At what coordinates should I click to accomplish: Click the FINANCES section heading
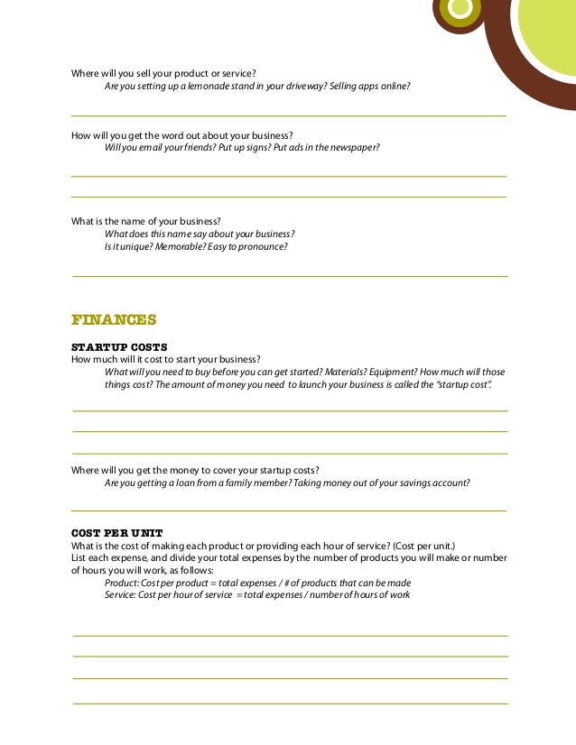click(114, 319)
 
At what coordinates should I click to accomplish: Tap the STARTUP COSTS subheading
click(119, 347)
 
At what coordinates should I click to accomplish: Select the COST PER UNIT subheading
click(116, 533)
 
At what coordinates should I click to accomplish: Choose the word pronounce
click(264, 246)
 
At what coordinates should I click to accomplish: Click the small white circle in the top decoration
click(460, 8)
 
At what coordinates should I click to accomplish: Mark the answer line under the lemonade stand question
click(289, 116)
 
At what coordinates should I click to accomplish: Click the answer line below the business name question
click(289, 276)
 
